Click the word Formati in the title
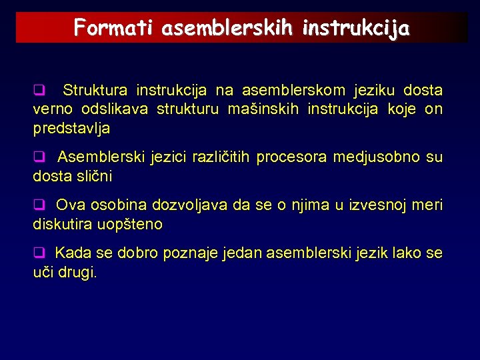pos(114,28)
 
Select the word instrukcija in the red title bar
pos(357,28)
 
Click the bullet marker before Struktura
pos(39,90)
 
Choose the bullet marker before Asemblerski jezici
pos(39,157)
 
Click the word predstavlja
pos(72,128)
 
